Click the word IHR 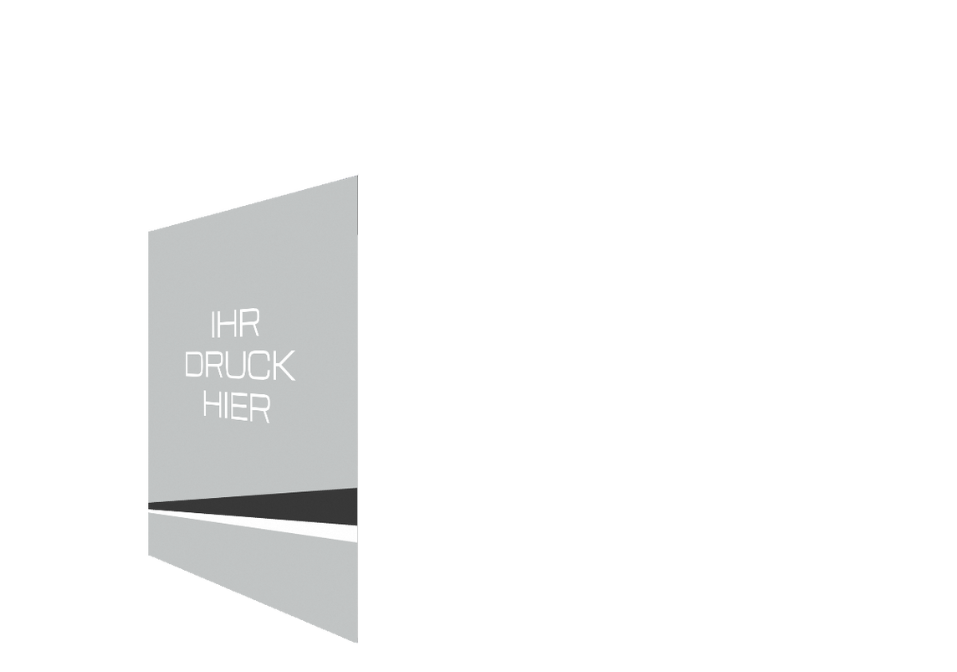[236, 324]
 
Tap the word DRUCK [240, 365]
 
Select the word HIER [237, 407]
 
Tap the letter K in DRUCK [284, 366]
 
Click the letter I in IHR [213, 324]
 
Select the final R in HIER [260, 408]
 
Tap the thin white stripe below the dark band [253, 526]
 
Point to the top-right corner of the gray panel [358, 175]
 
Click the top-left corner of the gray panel [148, 232]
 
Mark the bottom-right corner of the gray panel [358, 643]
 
